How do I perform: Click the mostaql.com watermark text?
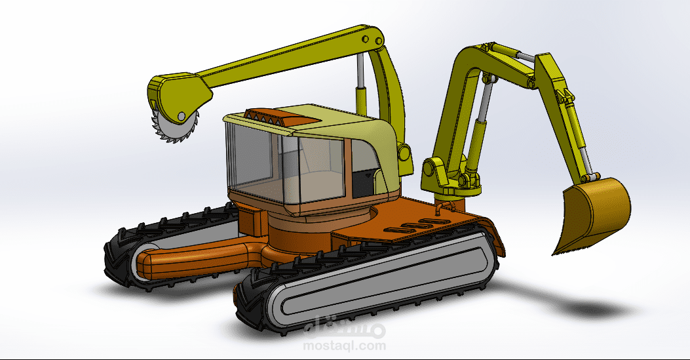click(344, 346)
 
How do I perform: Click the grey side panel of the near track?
click(379, 282)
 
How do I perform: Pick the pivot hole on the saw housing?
click(182, 116)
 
